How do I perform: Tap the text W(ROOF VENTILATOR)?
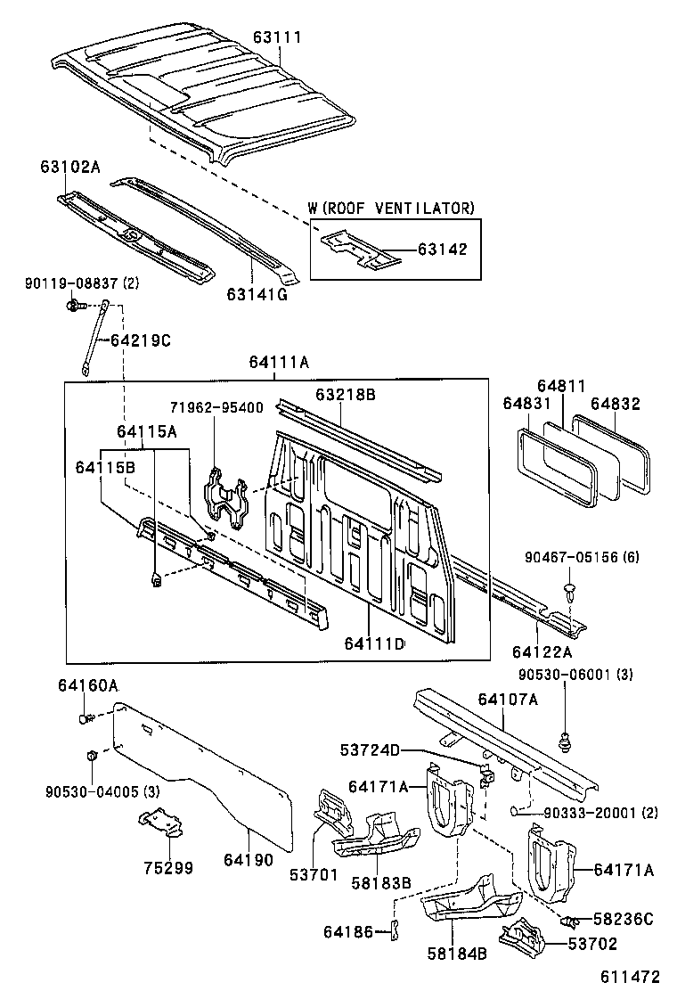391,208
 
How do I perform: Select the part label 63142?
442,250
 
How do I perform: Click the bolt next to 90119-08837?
74,306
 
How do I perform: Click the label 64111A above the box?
279,362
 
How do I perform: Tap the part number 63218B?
345,394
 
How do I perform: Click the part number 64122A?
542,653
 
